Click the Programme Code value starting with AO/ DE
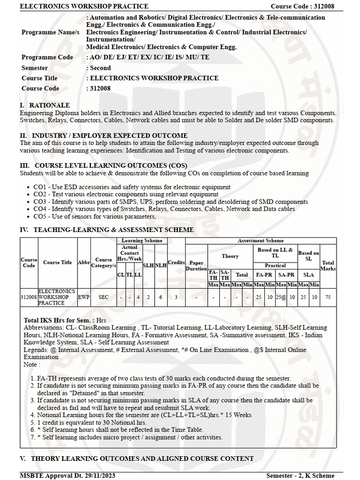pos(148,57)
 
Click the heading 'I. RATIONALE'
pos(45,105)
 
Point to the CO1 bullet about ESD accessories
pos(132,187)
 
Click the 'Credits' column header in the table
pos(176,262)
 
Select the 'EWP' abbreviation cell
pos(84,297)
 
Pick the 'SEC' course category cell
pos(103,297)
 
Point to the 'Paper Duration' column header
pos(196,266)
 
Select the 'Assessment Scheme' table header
pos(260,240)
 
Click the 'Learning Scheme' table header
pos(142,240)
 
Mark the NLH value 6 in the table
pos(160,297)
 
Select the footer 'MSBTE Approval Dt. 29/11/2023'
pos(67,475)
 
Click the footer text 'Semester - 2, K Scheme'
pos(300,475)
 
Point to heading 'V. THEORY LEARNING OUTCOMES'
pos(136,458)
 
